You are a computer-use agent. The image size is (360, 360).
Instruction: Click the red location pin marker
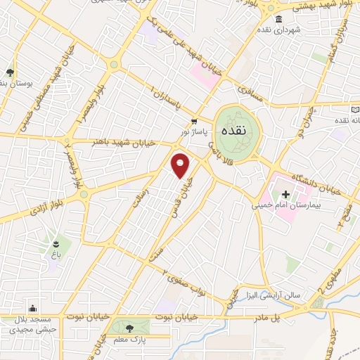tap(181, 165)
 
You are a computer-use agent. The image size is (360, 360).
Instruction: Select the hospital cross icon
tap(286, 194)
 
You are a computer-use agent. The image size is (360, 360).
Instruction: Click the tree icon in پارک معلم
tap(129, 327)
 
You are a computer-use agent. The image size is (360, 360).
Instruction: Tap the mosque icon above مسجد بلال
tap(32, 308)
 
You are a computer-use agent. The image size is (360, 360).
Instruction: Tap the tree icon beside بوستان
tap(10, 72)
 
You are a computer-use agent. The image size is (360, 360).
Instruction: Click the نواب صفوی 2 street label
tap(184, 282)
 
